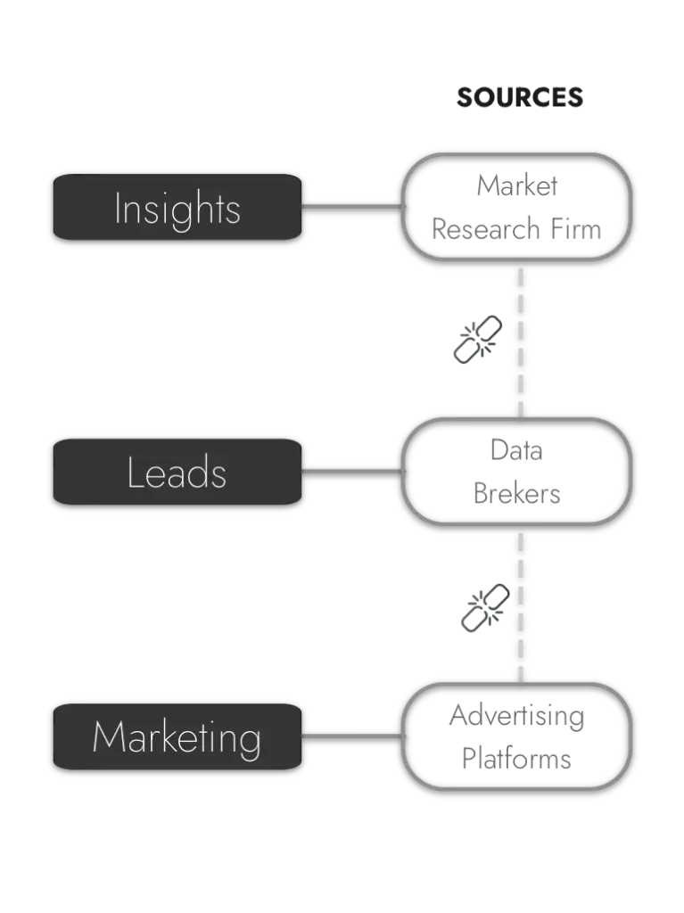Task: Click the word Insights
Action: click(177, 209)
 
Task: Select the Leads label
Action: click(177, 473)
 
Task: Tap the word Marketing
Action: click(177, 737)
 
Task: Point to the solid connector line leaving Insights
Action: click(351, 207)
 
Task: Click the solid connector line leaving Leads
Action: click(351, 472)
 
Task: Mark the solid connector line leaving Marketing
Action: click(351, 736)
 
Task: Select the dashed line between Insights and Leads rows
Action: click(520, 339)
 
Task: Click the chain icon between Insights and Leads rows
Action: click(477, 341)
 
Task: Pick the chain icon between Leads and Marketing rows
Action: click(482, 606)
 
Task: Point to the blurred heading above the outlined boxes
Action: click(520, 98)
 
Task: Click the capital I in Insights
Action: click(118, 209)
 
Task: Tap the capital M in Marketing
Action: click(106, 737)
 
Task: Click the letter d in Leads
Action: click(198, 472)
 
